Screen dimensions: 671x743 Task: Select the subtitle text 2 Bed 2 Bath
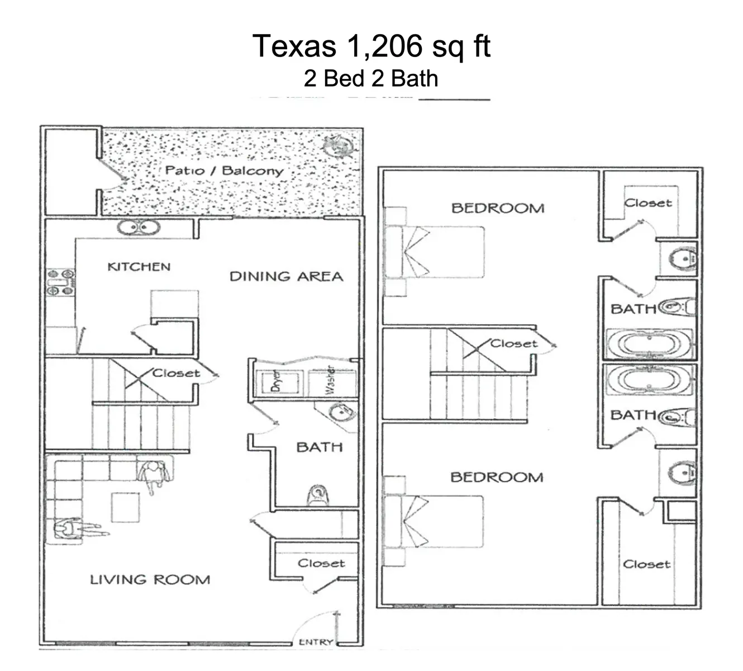(371, 78)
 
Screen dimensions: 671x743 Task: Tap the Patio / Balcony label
(224, 171)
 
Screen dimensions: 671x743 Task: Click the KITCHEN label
(139, 267)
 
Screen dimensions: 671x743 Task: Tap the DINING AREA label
(286, 276)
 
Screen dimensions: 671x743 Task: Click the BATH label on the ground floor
(319, 447)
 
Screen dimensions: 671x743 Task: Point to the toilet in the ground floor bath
(317, 495)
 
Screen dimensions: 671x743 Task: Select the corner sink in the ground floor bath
(339, 413)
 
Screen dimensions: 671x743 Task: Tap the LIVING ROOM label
(150, 580)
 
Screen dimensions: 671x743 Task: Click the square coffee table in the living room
(125, 507)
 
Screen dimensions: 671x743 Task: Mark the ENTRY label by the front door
(316, 642)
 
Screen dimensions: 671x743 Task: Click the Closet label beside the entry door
(321, 563)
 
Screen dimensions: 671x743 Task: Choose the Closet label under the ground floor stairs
(176, 373)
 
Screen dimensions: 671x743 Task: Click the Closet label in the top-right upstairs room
(648, 203)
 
